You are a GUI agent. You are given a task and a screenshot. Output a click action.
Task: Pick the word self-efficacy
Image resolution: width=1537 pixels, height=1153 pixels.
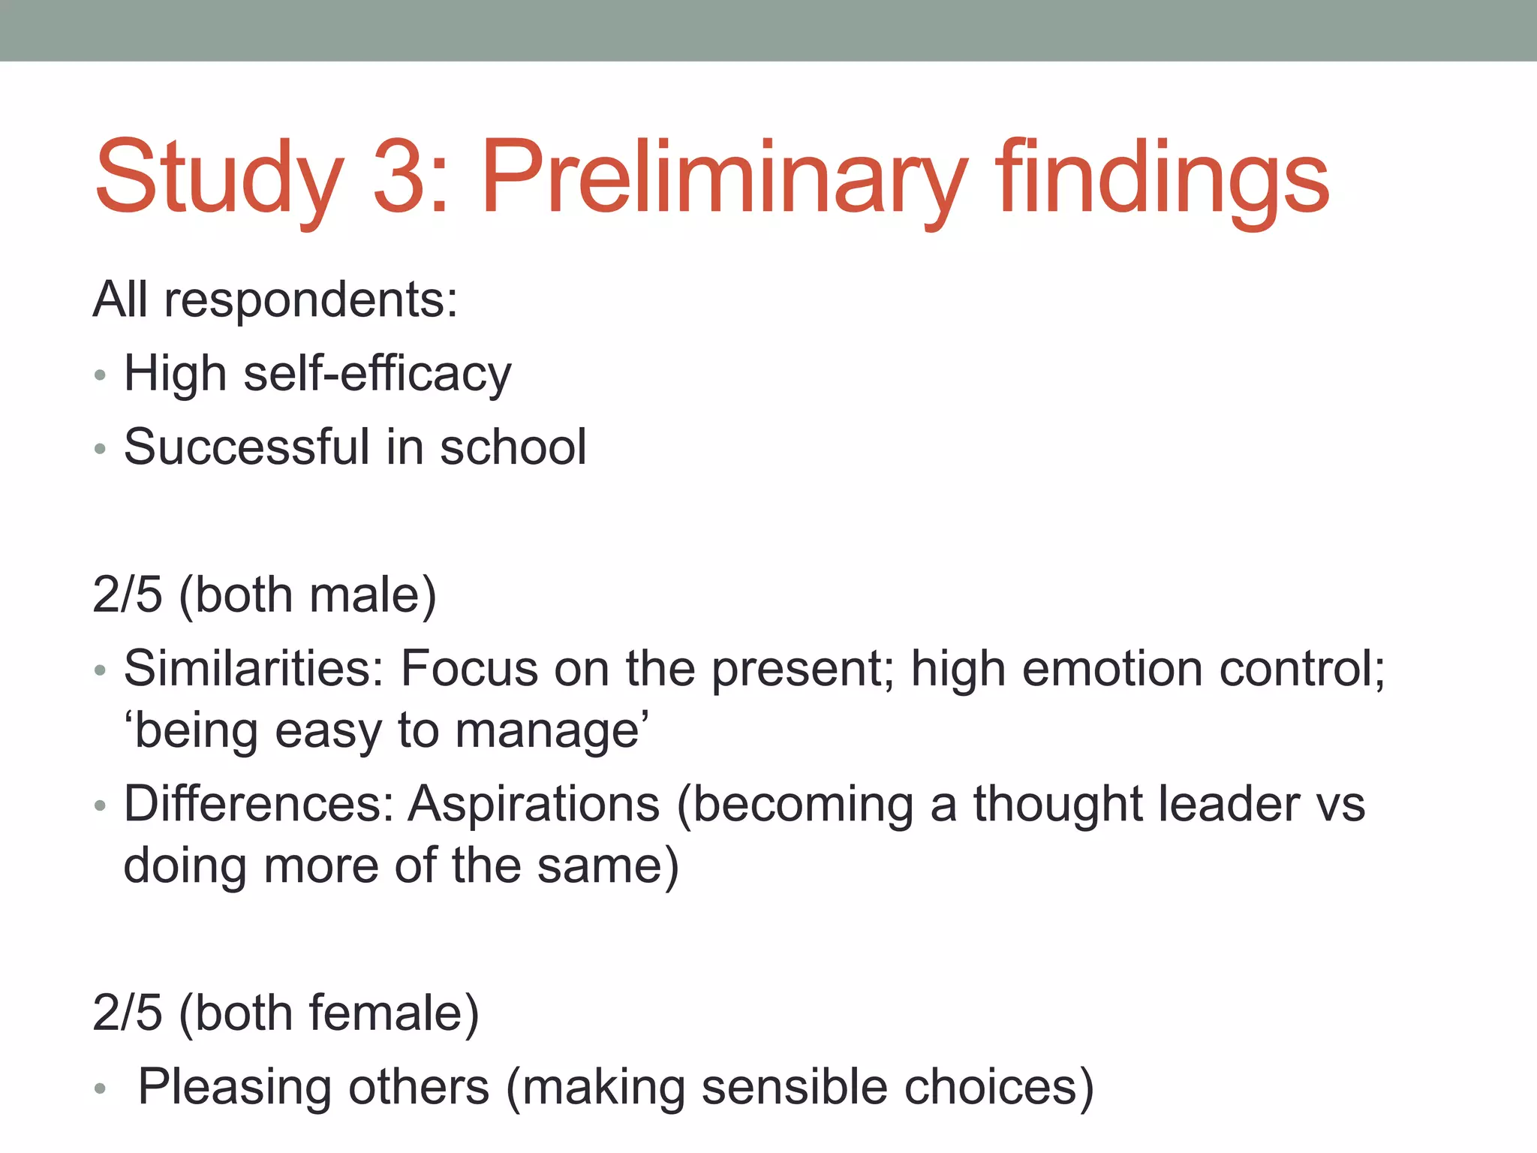tap(377, 374)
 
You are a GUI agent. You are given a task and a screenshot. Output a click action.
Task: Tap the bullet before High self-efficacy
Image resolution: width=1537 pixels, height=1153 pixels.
tap(101, 376)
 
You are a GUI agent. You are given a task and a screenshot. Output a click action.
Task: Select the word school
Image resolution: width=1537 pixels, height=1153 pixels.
tap(513, 447)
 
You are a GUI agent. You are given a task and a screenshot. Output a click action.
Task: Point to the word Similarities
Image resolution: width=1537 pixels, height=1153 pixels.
tap(254, 668)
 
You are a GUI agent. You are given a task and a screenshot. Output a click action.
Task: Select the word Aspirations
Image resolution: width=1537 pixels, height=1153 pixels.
tap(534, 804)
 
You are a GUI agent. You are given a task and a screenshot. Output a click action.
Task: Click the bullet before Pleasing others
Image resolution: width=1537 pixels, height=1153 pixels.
tap(101, 1088)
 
